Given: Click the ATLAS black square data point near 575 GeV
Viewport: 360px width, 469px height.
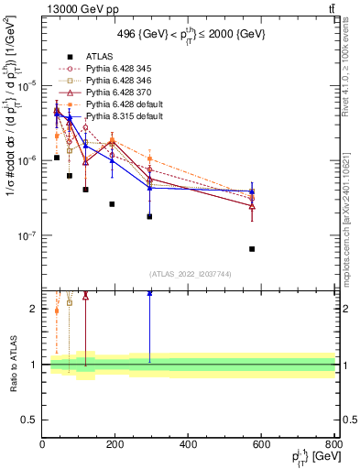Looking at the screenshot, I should pyautogui.click(x=252, y=248).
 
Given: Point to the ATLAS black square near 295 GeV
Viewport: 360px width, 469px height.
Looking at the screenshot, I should pyautogui.click(x=149, y=216).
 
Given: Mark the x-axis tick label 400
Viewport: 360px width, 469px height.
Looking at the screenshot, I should pyautogui.click(x=189, y=445).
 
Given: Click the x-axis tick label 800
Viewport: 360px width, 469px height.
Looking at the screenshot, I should pyautogui.click(x=334, y=445).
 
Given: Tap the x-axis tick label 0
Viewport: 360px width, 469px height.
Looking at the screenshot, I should pyautogui.click(x=42, y=445).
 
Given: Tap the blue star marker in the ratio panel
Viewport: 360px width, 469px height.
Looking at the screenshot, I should pyautogui.click(x=149, y=293).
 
